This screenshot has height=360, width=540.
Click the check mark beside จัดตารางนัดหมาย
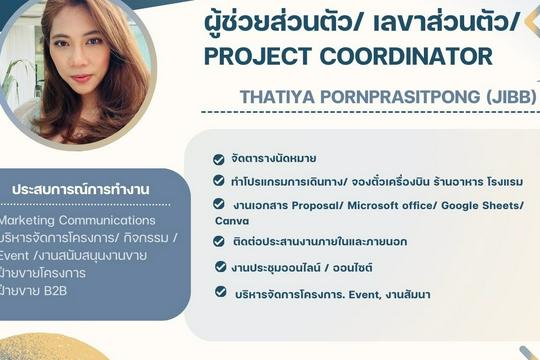coord(219,158)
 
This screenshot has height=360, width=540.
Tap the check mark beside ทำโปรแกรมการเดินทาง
coord(219,181)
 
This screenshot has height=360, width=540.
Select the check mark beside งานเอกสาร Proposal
coord(219,205)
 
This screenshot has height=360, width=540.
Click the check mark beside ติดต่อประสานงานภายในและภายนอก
coord(219,241)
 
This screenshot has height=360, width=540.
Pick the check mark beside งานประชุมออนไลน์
coord(219,267)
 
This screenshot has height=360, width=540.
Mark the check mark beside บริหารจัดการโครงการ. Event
coord(219,292)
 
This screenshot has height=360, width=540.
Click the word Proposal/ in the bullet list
coord(318,205)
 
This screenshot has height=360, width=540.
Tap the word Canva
coord(232,220)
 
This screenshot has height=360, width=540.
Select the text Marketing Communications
coord(78,220)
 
